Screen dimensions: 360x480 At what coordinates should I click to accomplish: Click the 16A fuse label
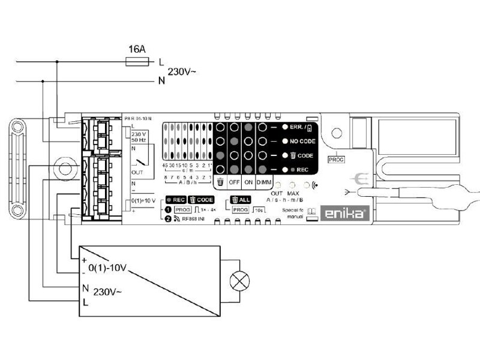tap(137, 48)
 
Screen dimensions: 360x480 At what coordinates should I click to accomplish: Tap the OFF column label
tap(235, 182)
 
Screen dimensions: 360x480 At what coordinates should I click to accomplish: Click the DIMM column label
tap(264, 182)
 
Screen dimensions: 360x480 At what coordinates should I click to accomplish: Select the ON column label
tap(249, 182)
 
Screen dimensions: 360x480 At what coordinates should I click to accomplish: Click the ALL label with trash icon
tap(241, 199)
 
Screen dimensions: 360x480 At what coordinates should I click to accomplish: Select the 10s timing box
tap(259, 211)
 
